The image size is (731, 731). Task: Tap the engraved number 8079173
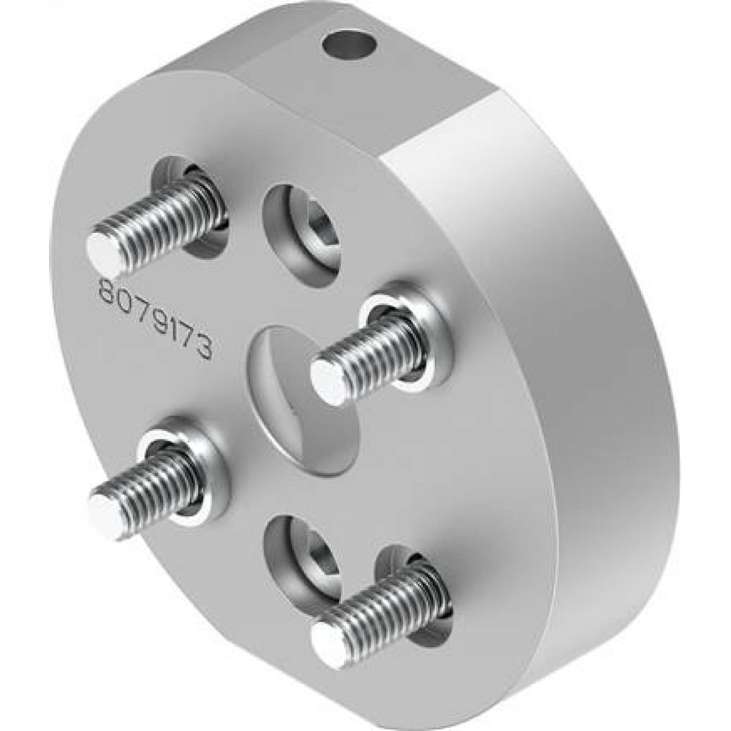tap(155, 319)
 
